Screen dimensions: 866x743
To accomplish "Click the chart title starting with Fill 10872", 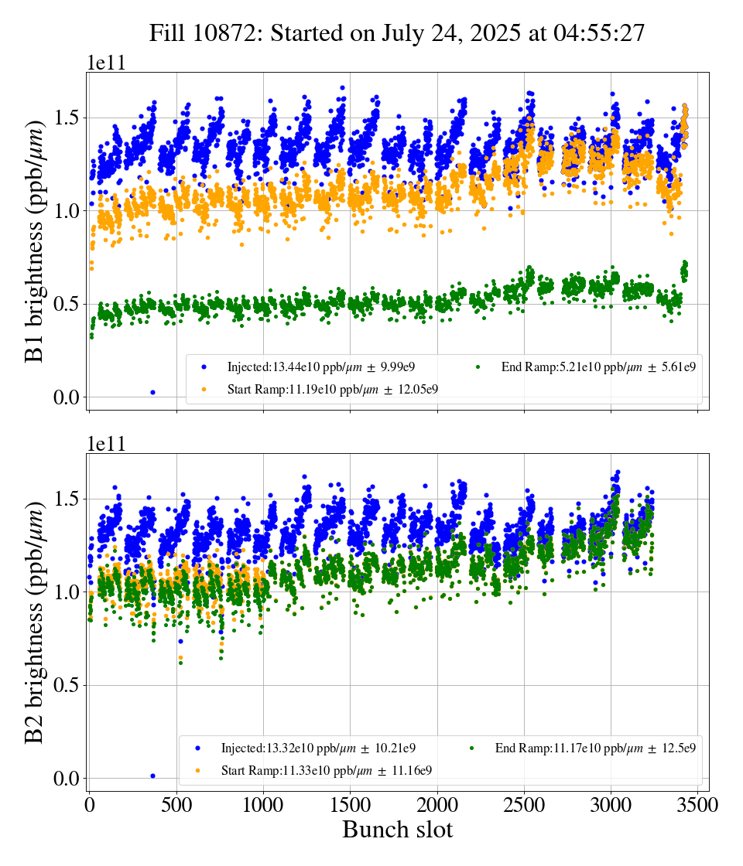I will [x=397, y=33].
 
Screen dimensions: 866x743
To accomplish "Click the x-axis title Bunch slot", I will [x=397, y=830].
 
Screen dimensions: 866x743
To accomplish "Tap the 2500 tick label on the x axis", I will [x=525, y=805].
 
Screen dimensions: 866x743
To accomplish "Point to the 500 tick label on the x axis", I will [x=176, y=805].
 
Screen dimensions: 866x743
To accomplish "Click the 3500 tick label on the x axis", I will [x=698, y=805].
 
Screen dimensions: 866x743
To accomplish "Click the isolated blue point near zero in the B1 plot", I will [x=153, y=392].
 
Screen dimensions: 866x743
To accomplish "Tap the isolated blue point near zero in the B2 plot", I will [x=152, y=775].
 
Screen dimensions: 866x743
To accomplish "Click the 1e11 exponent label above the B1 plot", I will [x=105, y=63].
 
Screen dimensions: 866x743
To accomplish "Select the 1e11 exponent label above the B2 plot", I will [x=105, y=444].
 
